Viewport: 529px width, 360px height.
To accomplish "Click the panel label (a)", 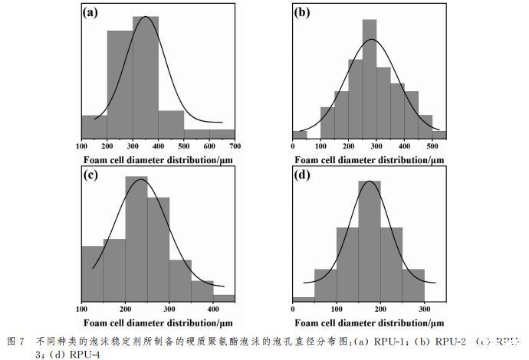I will point(91,13).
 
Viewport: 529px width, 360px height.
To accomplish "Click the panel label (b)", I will point(303,13).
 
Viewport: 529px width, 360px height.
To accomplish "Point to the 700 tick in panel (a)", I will point(235,146).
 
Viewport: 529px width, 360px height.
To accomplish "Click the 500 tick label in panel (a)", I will point(184,146).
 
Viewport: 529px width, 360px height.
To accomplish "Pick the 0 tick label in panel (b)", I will point(293,146).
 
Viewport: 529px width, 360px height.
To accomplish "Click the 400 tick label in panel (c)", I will point(213,309).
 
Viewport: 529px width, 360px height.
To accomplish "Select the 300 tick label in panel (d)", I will point(424,309).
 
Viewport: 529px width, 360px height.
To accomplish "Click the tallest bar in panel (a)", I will point(133,84).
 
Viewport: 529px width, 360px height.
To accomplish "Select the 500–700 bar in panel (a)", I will point(209,134).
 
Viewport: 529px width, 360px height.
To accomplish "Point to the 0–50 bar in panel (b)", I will point(300,135).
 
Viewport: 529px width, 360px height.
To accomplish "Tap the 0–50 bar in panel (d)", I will point(304,299).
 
